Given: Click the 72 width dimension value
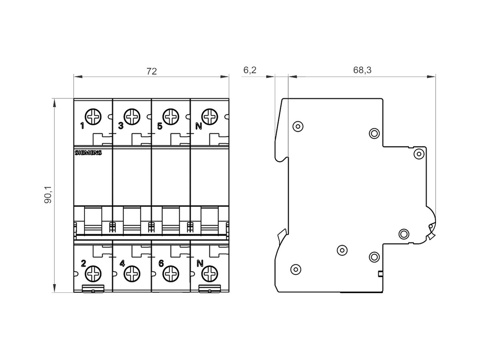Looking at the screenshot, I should (x=152, y=71).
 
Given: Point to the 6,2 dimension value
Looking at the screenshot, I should (x=250, y=70).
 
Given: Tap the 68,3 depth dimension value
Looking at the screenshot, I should (x=362, y=70).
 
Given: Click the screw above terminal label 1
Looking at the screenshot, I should (x=94, y=117).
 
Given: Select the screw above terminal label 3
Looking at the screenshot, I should (x=132, y=117).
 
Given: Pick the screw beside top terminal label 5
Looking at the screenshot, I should (x=171, y=117).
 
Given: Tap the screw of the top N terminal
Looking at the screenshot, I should (x=209, y=117).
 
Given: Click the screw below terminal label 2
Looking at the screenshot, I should (x=94, y=274).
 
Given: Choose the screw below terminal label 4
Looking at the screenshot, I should (x=132, y=274).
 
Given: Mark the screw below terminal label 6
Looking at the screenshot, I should (x=171, y=274).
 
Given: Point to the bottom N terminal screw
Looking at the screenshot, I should (x=209, y=274).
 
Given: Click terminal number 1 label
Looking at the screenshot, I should (x=82, y=126).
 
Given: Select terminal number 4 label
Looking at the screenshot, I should (x=122, y=263).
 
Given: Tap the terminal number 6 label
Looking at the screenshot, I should (x=161, y=263).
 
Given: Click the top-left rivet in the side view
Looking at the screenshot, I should (x=297, y=126).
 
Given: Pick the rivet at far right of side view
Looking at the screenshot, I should (x=418, y=154).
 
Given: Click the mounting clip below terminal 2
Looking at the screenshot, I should (x=93, y=289).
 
